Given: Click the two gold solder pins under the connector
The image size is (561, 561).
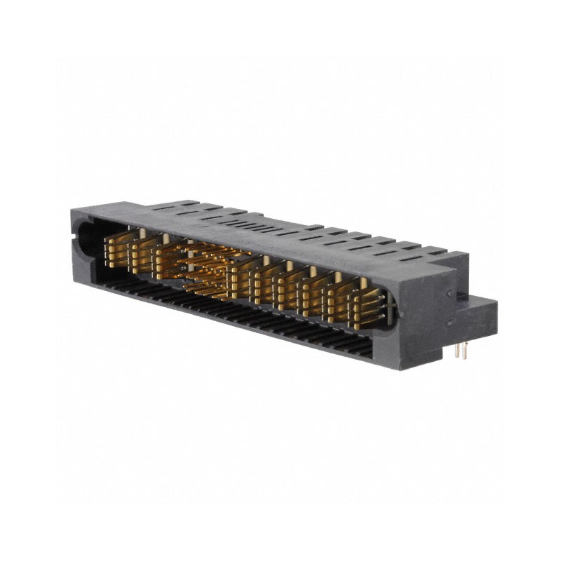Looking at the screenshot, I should [x=460, y=351].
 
